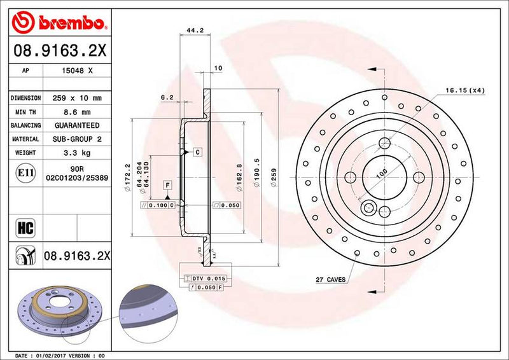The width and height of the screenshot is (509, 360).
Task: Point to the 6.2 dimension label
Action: pyautogui.click(x=167, y=97)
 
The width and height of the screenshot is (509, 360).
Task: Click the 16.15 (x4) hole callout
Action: pyautogui.click(x=465, y=90)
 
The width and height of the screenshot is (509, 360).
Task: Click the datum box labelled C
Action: pyautogui.click(x=198, y=152)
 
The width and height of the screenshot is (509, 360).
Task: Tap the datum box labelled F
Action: pyautogui.click(x=168, y=185)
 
